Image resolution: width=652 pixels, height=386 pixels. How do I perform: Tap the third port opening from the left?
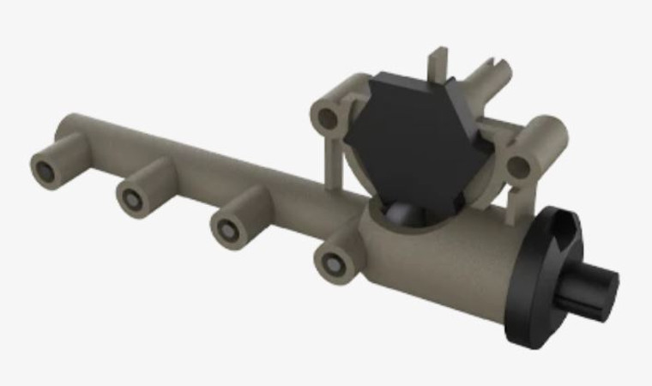226,230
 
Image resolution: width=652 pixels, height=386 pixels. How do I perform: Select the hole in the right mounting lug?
516,163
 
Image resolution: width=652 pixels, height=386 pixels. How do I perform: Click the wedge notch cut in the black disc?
562,225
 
